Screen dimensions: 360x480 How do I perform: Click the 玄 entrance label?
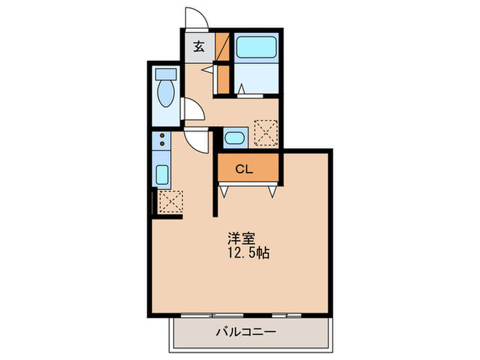pyautogui.click(x=198, y=47)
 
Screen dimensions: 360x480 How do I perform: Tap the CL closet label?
pyautogui.click(x=245, y=169)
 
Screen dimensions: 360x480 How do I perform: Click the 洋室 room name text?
pyautogui.click(x=242, y=239)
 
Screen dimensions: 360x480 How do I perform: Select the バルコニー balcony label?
pyautogui.click(x=247, y=332)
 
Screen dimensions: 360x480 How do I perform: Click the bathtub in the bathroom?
pyautogui.click(x=254, y=49)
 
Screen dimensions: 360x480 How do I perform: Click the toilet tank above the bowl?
pyautogui.click(x=165, y=73)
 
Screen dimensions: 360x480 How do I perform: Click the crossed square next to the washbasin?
pyautogui.click(x=265, y=132)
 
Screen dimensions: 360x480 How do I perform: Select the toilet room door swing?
pyautogui.click(x=192, y=109)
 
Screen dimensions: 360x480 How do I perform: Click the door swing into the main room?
pyautogui.click(x=199, y=140)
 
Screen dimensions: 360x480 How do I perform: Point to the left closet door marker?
pyautogui.click(x=223, y=191)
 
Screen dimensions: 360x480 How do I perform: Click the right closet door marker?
pyautogui.click(x=273, y=191)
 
